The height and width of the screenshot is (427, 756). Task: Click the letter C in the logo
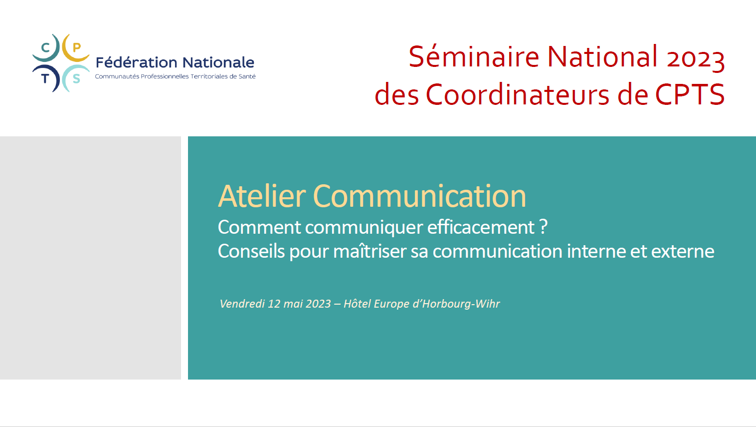pos(45,47)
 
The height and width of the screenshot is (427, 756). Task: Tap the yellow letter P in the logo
pos(77,47)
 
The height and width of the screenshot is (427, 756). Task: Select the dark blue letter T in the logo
pos(45,79)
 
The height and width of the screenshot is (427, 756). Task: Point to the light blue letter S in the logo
pos(77,79)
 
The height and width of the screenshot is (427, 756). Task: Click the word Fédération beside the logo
pos(136,62)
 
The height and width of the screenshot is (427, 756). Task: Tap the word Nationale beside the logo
pos(218,62)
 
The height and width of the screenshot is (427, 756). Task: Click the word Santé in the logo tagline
pos(247,76)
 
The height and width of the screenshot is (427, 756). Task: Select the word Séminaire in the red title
pos(474,56)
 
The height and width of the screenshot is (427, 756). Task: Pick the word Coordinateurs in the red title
pos(518,94)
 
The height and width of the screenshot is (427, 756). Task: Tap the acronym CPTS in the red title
pos(690,94)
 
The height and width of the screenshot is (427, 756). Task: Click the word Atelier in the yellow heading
pos(262,196)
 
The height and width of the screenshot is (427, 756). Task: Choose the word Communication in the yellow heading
pos(419,196)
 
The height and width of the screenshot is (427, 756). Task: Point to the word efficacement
pos(481,227)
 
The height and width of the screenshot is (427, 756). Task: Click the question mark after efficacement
pos(544,227)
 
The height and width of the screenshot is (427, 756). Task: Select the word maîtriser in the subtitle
pos(370,251)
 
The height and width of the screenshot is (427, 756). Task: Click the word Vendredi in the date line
pos(242,304)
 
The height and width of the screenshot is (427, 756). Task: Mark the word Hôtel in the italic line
pos(357,303)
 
